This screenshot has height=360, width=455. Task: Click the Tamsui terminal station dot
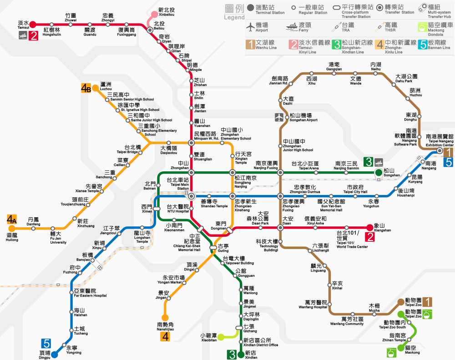[x=33, y=25]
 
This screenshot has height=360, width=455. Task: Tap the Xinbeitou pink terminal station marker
[x=154, y=14]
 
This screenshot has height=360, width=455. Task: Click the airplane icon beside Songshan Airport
[x=279, y=117]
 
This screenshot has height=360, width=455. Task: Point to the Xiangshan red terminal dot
[x=369, y=228]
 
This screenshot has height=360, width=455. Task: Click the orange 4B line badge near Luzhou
[x=86, y=88]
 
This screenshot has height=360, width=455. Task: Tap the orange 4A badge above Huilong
[x=12, y=220]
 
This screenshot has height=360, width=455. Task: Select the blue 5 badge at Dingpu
[x=46, y=344]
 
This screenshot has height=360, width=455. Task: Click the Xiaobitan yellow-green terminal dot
[x=221, y=337]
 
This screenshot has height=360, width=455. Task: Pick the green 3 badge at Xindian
[x=232, y=355]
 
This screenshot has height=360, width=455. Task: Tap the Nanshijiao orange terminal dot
[x=165, y=317]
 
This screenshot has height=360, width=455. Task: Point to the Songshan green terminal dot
[x=379, y=172]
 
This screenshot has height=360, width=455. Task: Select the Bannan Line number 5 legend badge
[x=423, y=45]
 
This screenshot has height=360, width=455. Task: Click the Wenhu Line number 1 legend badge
[x=250, y=45]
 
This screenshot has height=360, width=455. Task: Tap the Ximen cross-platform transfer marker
[x=157, y=208]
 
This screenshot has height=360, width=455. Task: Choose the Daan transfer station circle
[x=280, y=228]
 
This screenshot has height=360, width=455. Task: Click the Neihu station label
[x=376, y=66]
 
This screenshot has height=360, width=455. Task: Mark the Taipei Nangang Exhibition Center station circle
[x=440, y=150]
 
